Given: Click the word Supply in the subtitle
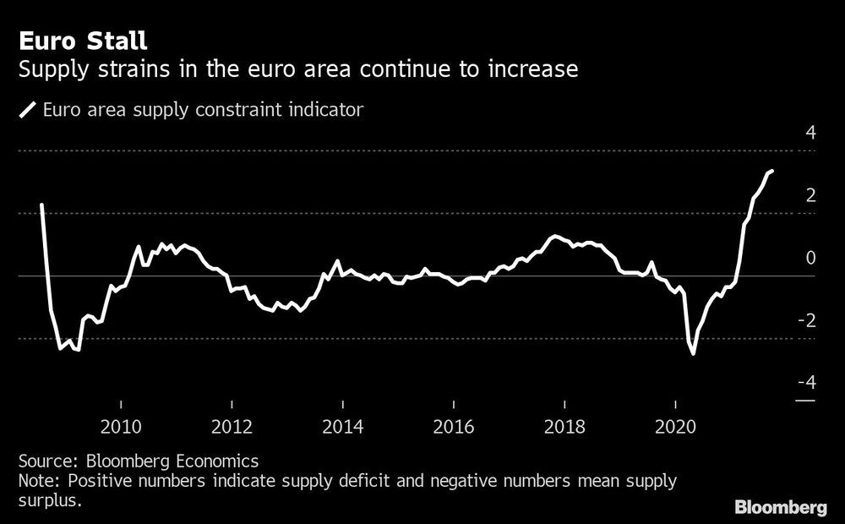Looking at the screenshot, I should (50, 68).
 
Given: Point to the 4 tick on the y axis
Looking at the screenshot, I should (810, 134).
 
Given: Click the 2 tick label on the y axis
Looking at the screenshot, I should (810, 196).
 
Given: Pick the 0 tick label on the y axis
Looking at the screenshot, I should (810, 259).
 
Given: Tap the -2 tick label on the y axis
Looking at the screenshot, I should (807, 321).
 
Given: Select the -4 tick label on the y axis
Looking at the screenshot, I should (807, 384).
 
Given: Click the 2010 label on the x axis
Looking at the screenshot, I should (121, 427).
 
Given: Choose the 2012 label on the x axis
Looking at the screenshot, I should (232, 427).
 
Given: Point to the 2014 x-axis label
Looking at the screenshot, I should (342, 427).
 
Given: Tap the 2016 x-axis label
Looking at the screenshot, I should (453, 427).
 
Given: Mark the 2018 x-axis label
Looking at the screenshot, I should (564, 427).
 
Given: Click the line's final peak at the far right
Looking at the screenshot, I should (771, 171).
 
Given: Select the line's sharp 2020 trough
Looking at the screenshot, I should (694, 353).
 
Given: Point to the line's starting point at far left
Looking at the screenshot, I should (41, 205).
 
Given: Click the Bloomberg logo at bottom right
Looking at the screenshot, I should (780, 508).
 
